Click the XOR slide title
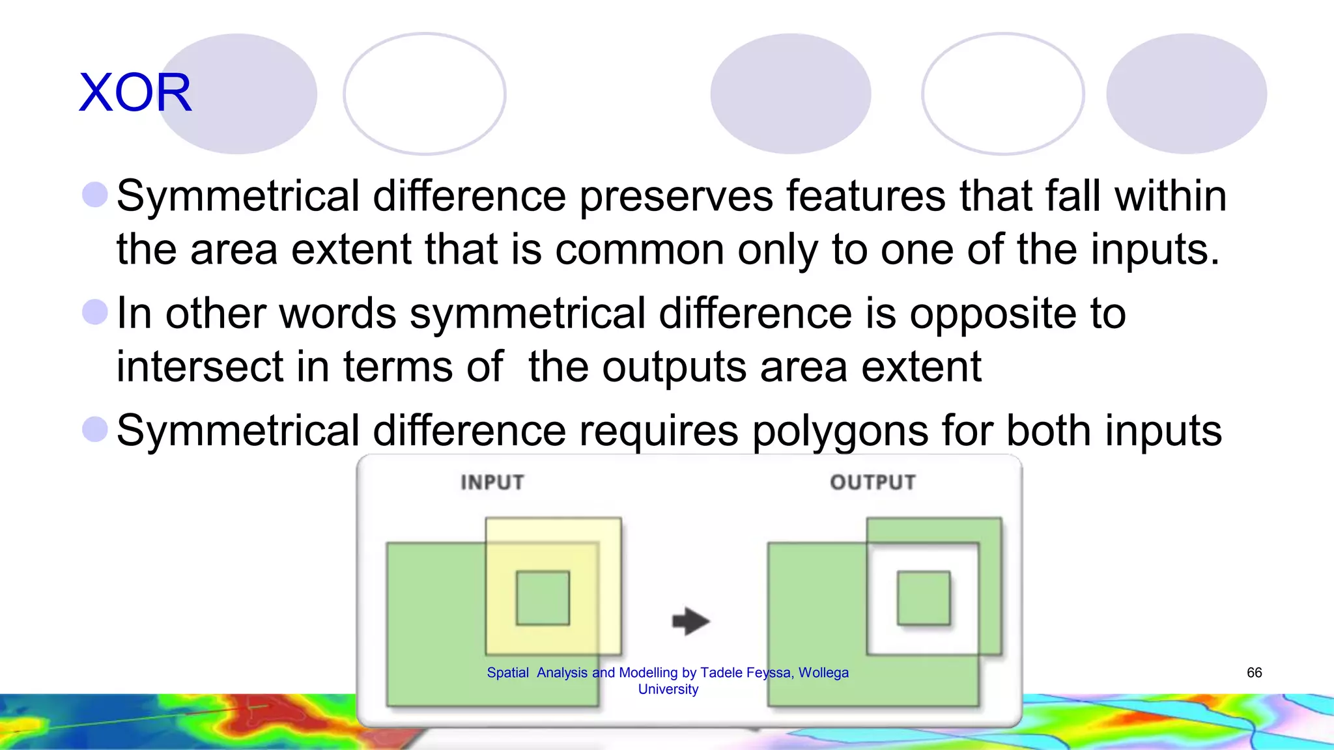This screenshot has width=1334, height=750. (135, 92)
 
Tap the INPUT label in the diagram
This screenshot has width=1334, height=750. (492, 482)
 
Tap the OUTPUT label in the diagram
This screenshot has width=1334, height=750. (873, 482)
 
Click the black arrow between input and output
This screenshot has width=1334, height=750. (690, 620)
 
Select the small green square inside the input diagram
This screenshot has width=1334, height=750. (543, 598)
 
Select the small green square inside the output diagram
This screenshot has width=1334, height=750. (924, 598)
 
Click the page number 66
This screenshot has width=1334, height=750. (1255, 673)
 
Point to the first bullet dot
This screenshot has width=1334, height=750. (95, 195)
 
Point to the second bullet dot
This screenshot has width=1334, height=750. (95, 312)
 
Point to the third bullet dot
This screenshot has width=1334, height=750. (95, 429)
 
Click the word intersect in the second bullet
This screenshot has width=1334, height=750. (199, 367)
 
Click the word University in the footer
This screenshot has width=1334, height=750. (668, 689)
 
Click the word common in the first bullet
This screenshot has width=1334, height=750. (640, 250)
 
